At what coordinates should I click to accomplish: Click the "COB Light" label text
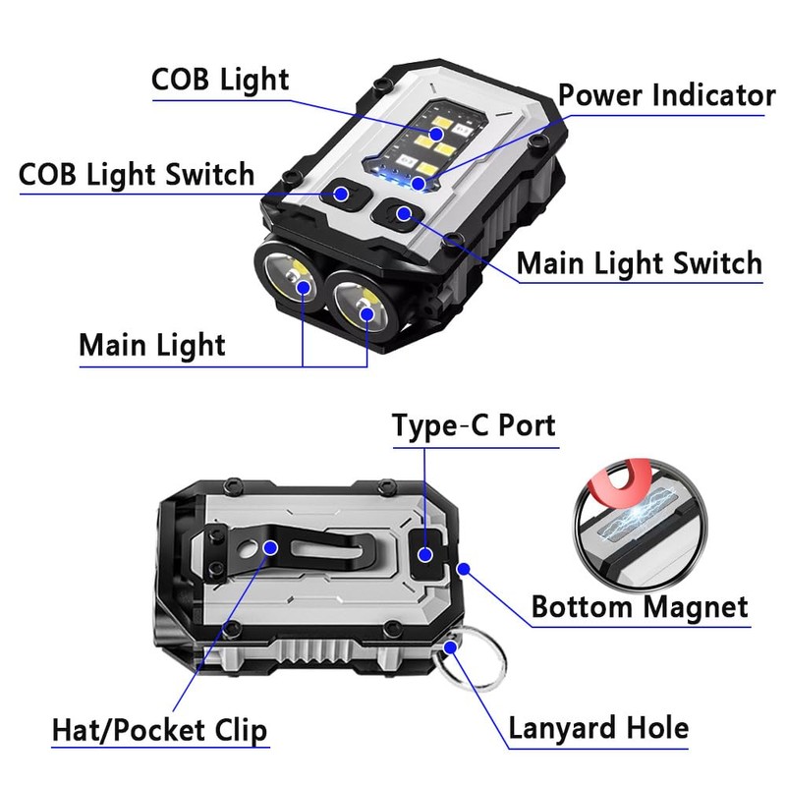pyautogui.click(x=220, y=80)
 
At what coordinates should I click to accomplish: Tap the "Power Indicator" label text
pyautogui.click(x=666, y=96)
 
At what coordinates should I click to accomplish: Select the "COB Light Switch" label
pyautogui.click(x=137, y=175)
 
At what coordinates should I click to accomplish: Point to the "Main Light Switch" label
pyautogui.click(x=639, y=263)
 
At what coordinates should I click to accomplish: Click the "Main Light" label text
pyautogui.click(x=151, y=345)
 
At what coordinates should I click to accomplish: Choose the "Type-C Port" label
pyautogui.click(x=474, y=425)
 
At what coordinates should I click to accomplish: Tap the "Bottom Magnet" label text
pyautogui.click(x=640, y=606)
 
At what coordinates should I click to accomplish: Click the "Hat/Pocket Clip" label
pyautogui.click(x=159, y=730)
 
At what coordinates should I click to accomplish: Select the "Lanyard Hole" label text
pyautogui.click(x=598, y=728)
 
